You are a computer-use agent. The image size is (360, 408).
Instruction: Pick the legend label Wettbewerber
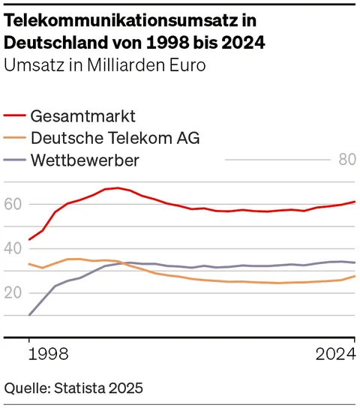(x=85, y=160)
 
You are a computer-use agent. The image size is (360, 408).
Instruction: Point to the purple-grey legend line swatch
(x=15, y=160)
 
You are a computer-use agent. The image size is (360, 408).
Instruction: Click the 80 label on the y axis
(x=346, y=160)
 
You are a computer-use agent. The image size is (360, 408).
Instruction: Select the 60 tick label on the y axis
(x=14, y=204)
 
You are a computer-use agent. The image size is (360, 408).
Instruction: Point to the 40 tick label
(x=14, y=248)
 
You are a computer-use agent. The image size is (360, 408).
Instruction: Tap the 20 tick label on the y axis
(x=14, y=292)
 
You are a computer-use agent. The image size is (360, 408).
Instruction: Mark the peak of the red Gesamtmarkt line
(x=117, y=188)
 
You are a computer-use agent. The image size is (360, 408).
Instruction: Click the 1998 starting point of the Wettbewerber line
(x=29, y=315)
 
